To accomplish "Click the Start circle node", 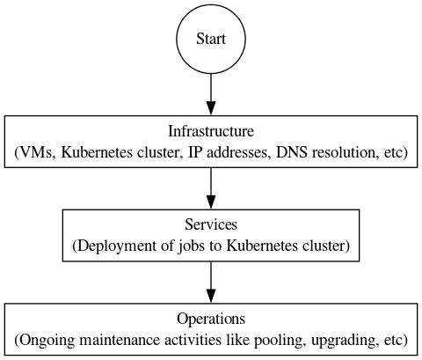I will click(x=211, y=40).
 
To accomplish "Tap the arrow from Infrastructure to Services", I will click(x=211, y=187).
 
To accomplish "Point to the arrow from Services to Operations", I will click(x=211, y=281).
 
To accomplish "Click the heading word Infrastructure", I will click(x=211, y=132).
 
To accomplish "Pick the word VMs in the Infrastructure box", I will click(x=39, y=152).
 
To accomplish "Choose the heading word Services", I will click(x=211, y=225).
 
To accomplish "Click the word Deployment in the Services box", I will click(x=112, y=246).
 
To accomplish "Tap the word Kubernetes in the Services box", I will click(x=260, y=246).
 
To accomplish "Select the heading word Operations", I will click(x=211, y=319).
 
